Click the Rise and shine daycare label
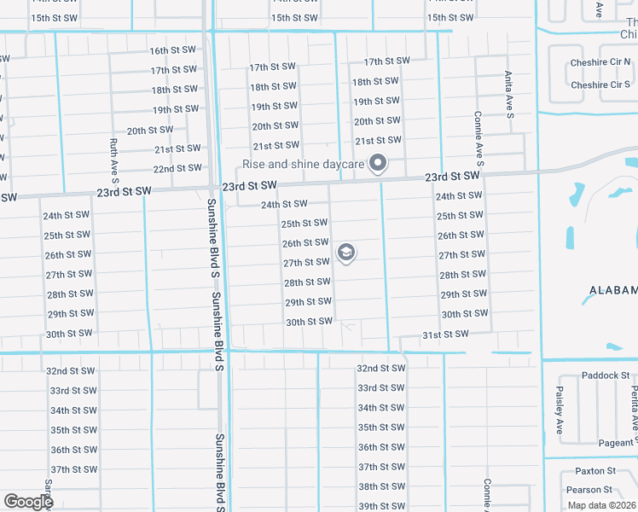click(303, 164)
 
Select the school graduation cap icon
click(345, 253)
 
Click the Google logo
click(27, 502)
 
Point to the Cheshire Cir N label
click(601, 65)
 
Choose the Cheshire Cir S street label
click(601, 84)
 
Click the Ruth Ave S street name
click(113, 161)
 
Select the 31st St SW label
click(444, 335)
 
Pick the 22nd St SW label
click(177, 168)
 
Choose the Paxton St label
click(595, 470)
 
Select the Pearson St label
click(589, 490)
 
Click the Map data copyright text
click(600, 505)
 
